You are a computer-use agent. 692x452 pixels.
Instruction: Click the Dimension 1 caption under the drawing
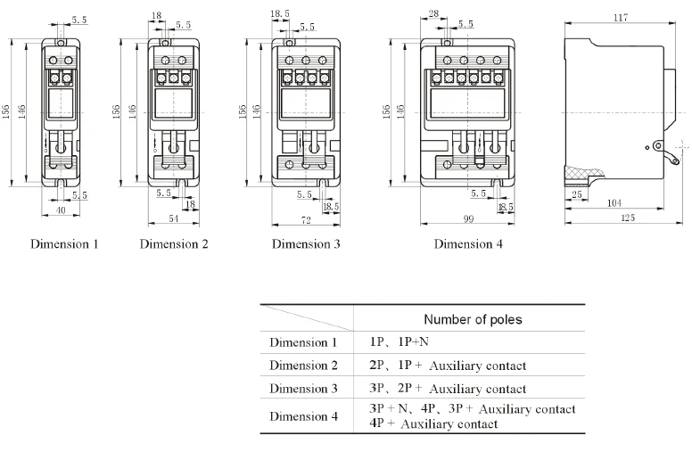point(65,243)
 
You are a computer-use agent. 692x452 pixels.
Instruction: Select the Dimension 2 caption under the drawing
point(174,243)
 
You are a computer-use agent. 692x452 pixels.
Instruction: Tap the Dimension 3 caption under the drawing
point(306,243)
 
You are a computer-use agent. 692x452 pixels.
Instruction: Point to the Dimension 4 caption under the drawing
point(468,243)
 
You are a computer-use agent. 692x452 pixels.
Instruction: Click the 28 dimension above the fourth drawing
point(433,13)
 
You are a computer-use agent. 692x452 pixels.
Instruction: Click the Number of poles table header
point(473,319)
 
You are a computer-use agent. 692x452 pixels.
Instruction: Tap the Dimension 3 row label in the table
point(304,389)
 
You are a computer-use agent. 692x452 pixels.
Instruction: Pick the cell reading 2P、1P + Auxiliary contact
point(448,366)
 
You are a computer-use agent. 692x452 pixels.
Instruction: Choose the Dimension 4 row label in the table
point(304,416)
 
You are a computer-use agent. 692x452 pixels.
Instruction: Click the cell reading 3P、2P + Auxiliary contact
point(448,389)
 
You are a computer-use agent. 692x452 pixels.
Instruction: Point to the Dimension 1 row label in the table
point(304,341)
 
